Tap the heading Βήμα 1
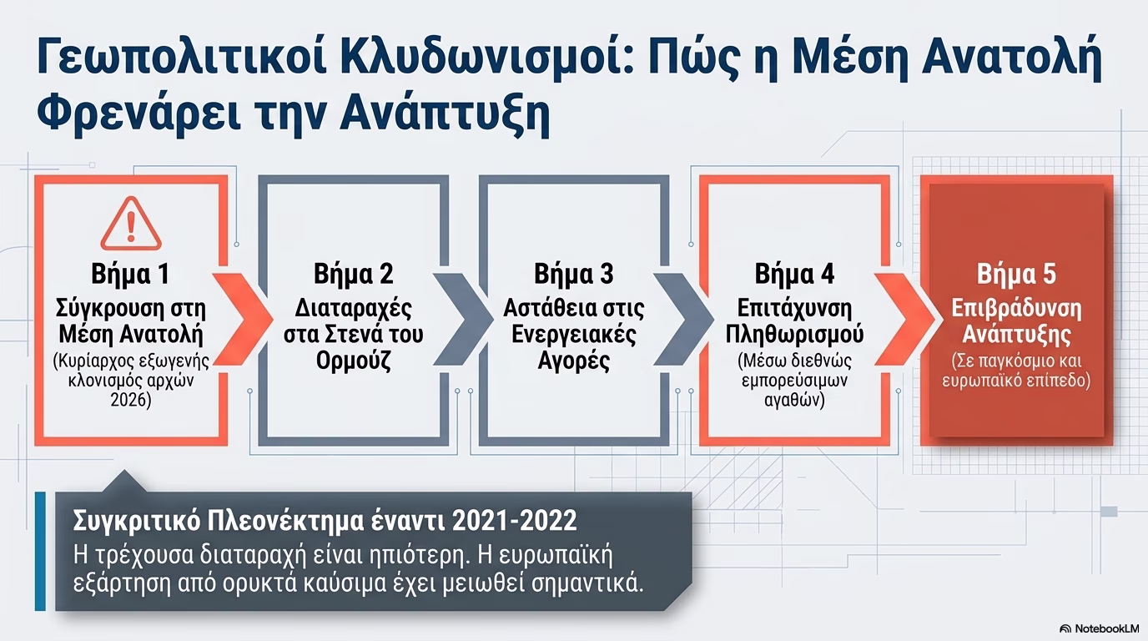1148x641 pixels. pos(130,274)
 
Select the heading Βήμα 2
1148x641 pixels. pos(353,274)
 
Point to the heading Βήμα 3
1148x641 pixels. pos(573,274)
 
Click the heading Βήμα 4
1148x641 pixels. pos(794,274)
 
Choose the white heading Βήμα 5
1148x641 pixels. pos(1016,274)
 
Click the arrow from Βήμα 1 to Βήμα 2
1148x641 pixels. pos(242,319)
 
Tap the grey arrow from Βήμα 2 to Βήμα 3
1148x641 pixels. pos(462,319)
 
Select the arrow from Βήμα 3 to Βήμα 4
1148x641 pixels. pos(682,319)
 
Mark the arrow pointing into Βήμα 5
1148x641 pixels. pos(904,319)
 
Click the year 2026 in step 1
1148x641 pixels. pos(130,400)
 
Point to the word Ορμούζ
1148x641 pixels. pos(353,361)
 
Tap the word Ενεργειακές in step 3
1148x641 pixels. pos(573,335)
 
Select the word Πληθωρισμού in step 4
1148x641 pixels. pos(794,335)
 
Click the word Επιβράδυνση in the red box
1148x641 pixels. pos(1016,309)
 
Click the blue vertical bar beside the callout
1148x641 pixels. pos(40,551)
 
